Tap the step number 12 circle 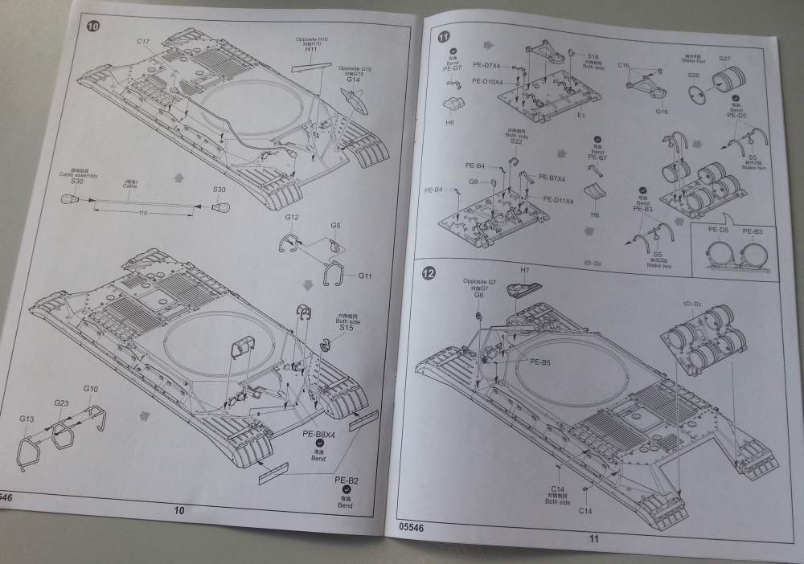(429, 273)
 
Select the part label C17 (143, 42)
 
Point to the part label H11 (312, 50)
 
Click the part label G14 (353, 80)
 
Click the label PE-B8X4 (319, 435)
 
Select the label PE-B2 (346, 480)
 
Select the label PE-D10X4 (487, 82)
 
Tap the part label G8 (474, 182)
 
